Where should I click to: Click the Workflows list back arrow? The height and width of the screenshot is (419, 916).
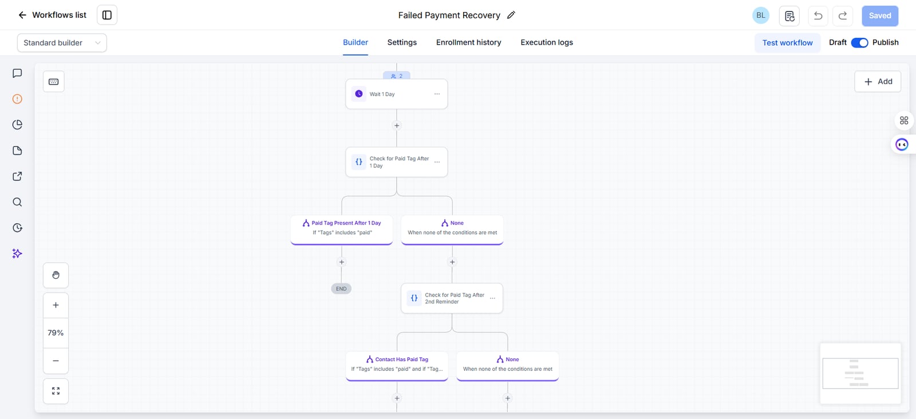click(x=22, y=15)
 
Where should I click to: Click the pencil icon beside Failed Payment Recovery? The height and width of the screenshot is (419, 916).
click(x=511, y=15)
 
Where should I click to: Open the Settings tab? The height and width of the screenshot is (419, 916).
click(x=401, y=42)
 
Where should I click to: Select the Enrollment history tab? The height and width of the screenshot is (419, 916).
click(x=468, y=42)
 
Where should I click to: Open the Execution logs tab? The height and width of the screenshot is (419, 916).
click(x=546, y=42)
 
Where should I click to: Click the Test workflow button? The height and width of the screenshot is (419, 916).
click(x=787, y=43)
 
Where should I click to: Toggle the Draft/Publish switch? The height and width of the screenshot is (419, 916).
click(x=859, y=42)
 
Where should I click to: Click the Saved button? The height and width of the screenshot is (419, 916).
click(x=879, y=15)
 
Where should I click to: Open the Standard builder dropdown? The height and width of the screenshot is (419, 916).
click(x=62, y=43)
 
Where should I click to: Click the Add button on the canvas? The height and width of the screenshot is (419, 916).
click(x=878, y=81)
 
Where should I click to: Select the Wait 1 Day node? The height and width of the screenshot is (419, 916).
click(x=396, y=94)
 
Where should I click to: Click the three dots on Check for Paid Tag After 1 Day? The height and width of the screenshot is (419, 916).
click(x=437, y=162)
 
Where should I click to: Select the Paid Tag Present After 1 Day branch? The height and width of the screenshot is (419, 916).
click(x=341, y=230)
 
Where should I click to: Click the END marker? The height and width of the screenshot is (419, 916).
click(x=341, y=288)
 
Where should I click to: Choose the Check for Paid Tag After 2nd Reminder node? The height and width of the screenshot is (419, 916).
click(x=452, y=298)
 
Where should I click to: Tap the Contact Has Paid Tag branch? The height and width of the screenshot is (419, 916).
click(x=397, y=366)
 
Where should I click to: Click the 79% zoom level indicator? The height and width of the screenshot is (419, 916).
click(x=56, y=333)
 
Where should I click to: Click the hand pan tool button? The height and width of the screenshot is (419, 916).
click(x=56, y=275)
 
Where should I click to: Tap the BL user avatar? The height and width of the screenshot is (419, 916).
click(x=761, y=15)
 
